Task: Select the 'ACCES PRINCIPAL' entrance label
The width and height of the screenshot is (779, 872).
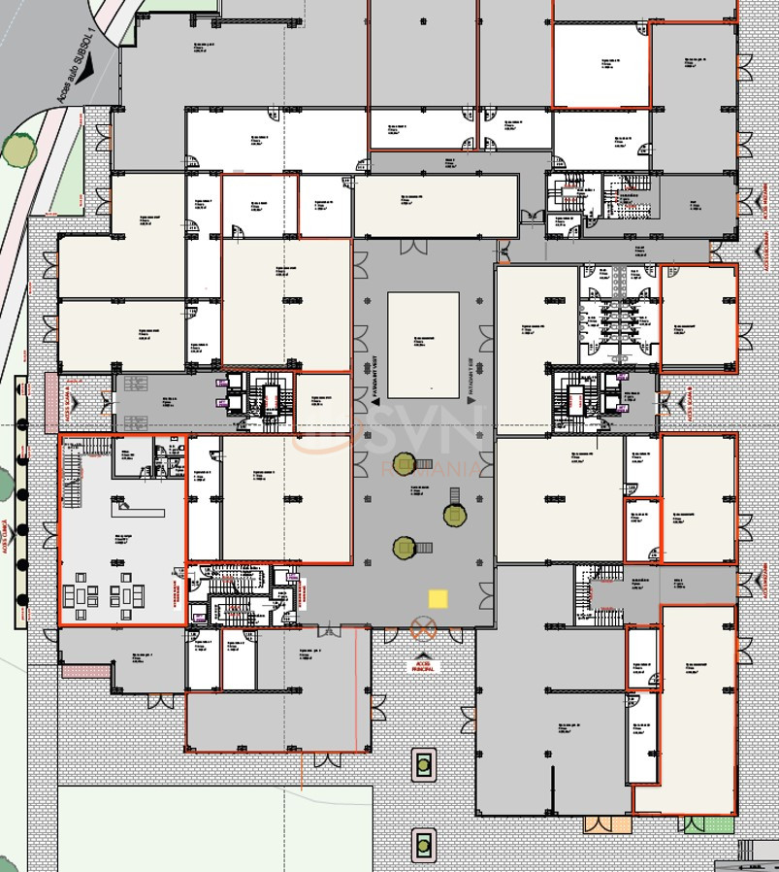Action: point(424,666)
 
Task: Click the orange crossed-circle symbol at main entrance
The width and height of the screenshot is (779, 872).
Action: point(424,629)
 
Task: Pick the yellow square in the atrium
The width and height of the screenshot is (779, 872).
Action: point(438,599)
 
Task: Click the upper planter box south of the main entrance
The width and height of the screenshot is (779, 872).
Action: point(423,764)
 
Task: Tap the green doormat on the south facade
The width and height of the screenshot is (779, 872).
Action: point(696,824)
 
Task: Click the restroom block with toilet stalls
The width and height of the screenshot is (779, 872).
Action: point(618,315)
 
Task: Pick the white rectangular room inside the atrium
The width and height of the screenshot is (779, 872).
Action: point(423,344)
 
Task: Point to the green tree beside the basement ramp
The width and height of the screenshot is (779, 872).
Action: point(18,151)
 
